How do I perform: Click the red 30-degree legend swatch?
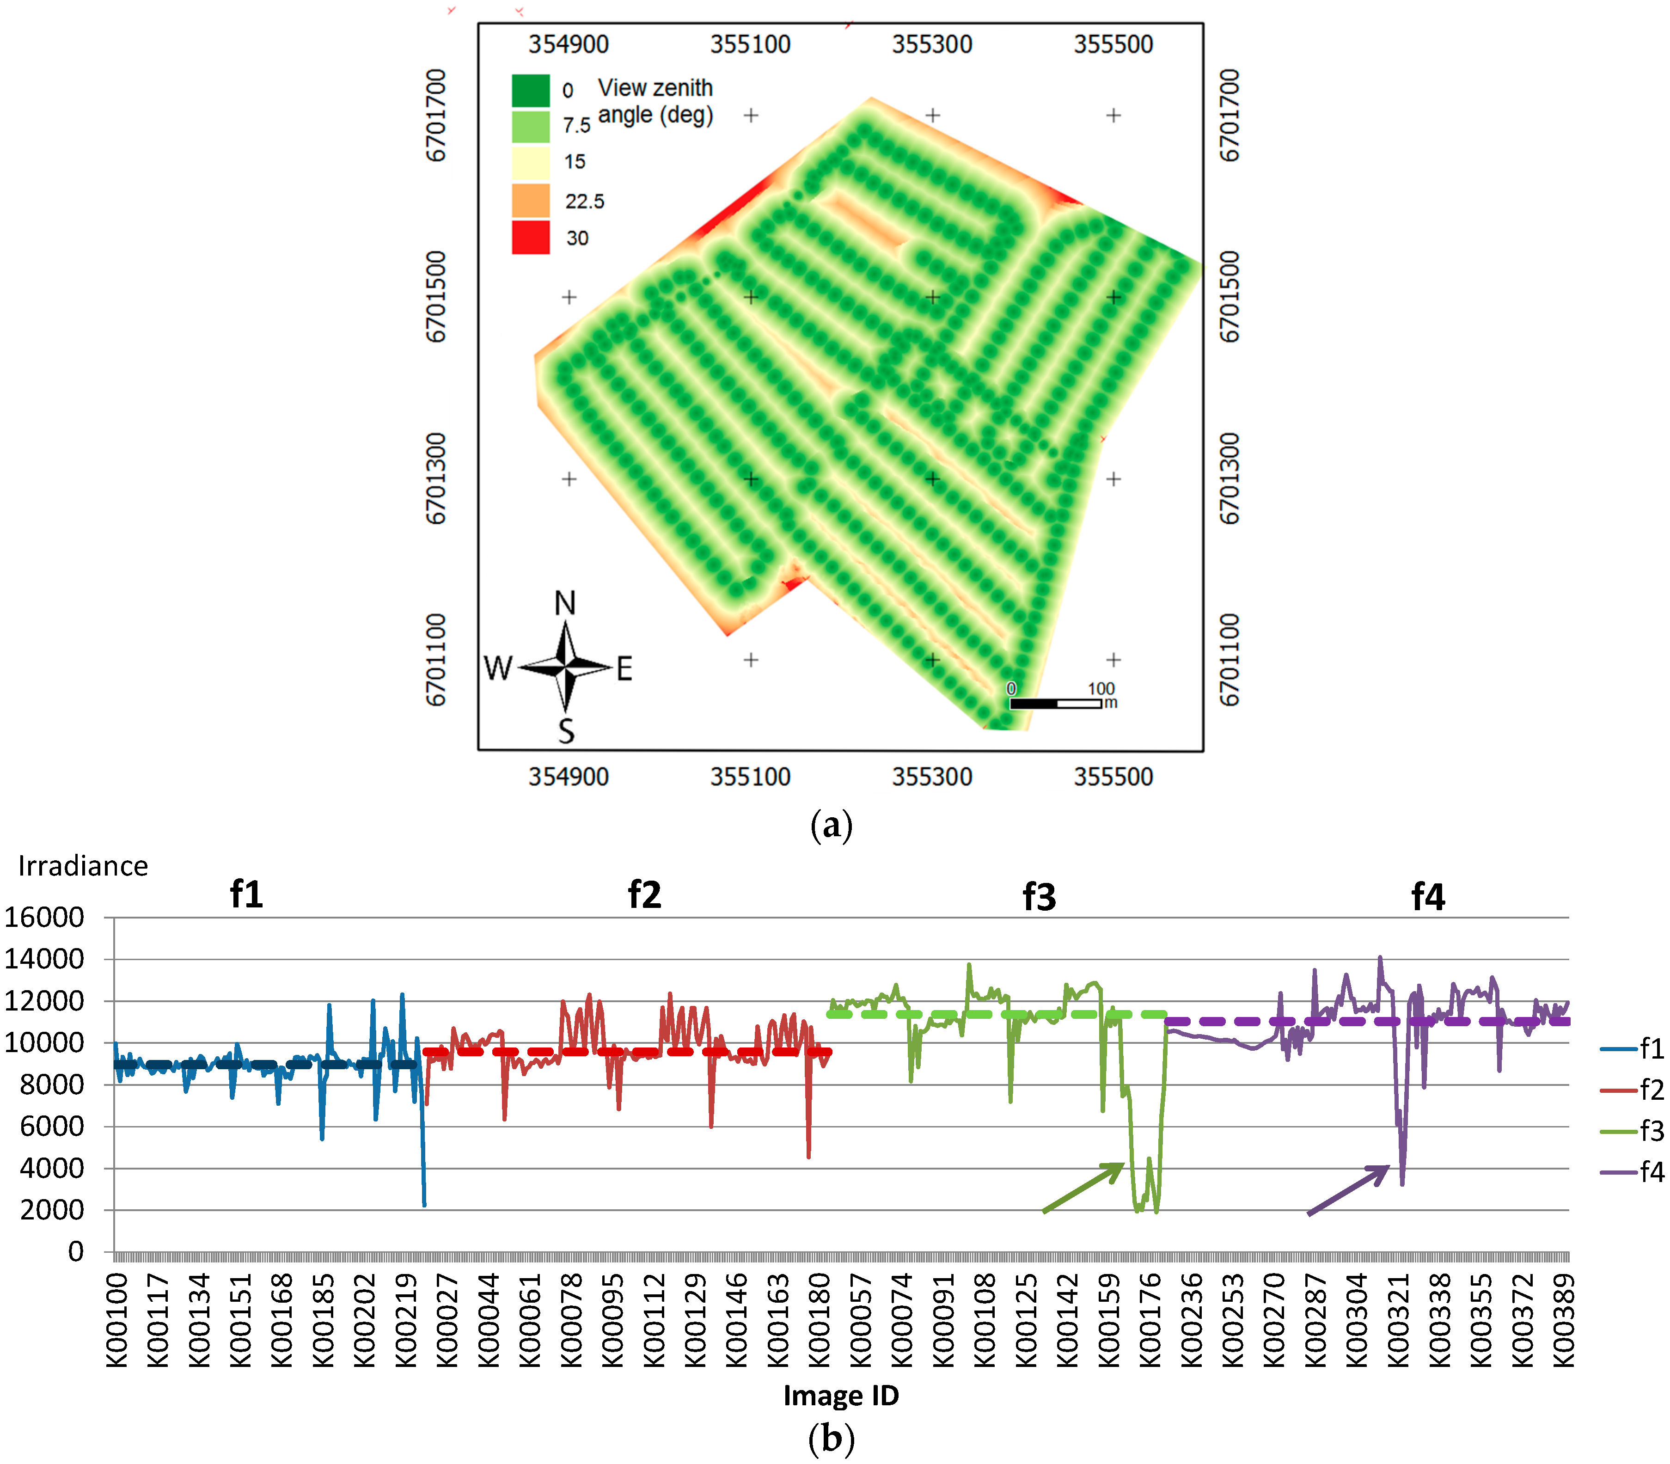(x=530, y=238)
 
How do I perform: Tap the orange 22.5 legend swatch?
(x=530, y=201)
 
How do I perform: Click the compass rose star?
(x=565, y=668)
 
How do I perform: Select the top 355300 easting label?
(x=931, y=44)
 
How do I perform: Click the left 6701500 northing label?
(x=436, y=297)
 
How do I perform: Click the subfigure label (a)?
(x=831, y=825)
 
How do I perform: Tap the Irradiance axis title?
(x=83, y=866)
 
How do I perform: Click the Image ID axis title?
(x=841, y=1396)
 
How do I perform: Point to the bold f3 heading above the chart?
(x=1039, y=896)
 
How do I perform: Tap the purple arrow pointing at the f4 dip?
(x=1348, y=1189)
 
